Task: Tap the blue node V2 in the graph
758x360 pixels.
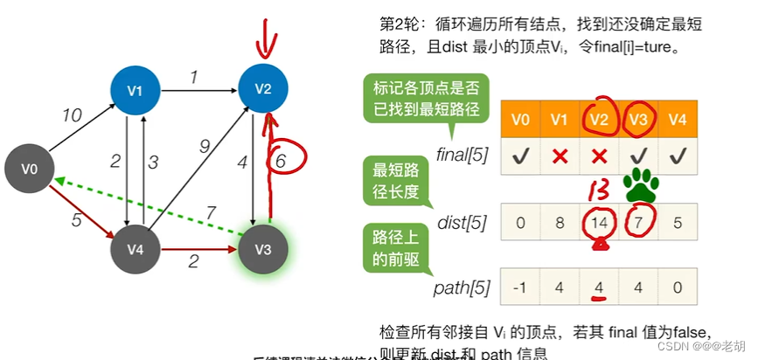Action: click(x=264, y=88)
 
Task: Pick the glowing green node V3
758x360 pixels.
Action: click(x=264, y=247)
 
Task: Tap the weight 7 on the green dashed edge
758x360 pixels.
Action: click(x=210, y=213)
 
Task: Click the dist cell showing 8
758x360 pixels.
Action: click(x=560, y=222)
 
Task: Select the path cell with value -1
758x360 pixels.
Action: click(x=520, y=286)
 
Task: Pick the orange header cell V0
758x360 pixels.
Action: click(x=520, y=118)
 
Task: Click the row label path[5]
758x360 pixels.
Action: click(x=462, y=286)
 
